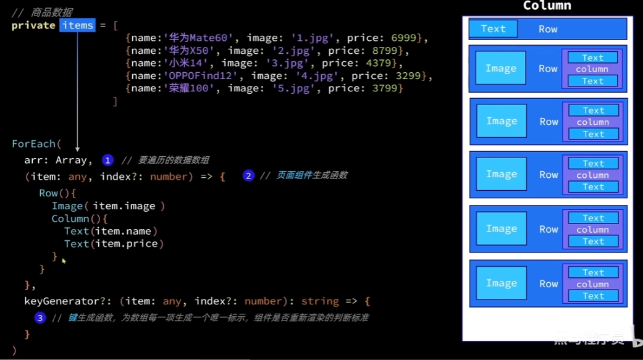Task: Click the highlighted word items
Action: tap(77, 25)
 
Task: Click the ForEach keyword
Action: tap(33, 144)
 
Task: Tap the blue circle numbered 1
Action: tap(107, 161)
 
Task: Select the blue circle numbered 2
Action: tap(248, 176)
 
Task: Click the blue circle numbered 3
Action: tap(40, 318)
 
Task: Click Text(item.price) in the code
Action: tap(114, 244)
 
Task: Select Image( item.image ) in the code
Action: tap(108, 206)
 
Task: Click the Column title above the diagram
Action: tap(547, 6)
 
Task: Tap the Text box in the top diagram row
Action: tap(493, 28)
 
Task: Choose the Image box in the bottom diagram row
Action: tap(501, 283)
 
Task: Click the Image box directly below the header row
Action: tap(500, 68)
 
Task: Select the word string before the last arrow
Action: tap(320, 301)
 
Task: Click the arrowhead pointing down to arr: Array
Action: tap(77, 148)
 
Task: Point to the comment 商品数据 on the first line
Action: tap(51, 12)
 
